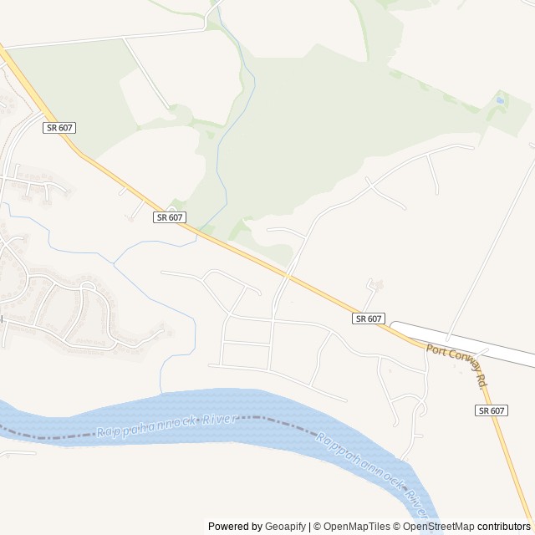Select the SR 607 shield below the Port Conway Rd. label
point(492,410)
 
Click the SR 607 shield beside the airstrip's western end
point(369,318)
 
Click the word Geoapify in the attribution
point(285,527)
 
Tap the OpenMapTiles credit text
point(356,527)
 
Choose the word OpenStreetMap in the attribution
point(438,527)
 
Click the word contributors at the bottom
point(504,527)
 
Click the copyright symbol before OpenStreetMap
point(397,527)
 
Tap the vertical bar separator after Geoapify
point(310,527)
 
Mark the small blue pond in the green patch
point(500,100)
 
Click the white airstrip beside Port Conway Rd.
point(468,344)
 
